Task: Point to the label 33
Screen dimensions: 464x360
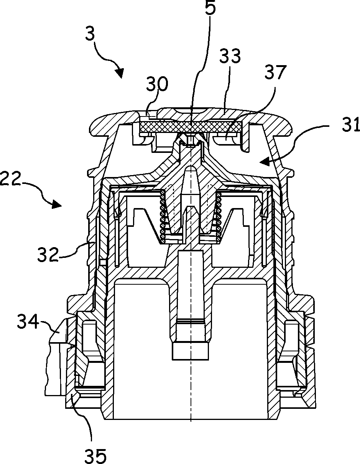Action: click(230, 57)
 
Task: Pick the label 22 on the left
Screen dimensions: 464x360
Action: click(10, 179)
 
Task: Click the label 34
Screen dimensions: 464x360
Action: click(28, 322)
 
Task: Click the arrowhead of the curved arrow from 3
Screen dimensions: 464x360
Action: click(120, 73)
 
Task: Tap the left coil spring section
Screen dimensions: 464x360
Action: click(163, 218)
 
